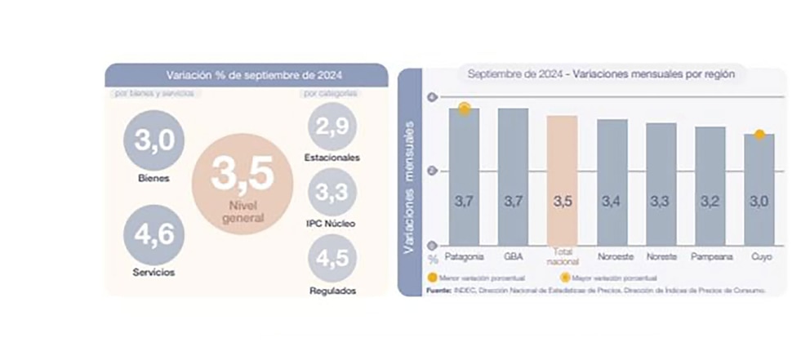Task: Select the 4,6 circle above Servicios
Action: pyautogui.click(x=154, y=235)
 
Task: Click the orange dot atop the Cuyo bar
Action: pyautogui.click(x=759, y=134)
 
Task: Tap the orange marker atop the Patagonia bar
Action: pyautogui.click(x=464, y=108)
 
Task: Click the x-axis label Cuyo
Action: pyautogui.click(x=759, y=256)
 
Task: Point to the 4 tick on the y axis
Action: pyautogui.click(x=432, y=98)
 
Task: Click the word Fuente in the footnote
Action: pyautogui.click(x=441, y=289)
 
